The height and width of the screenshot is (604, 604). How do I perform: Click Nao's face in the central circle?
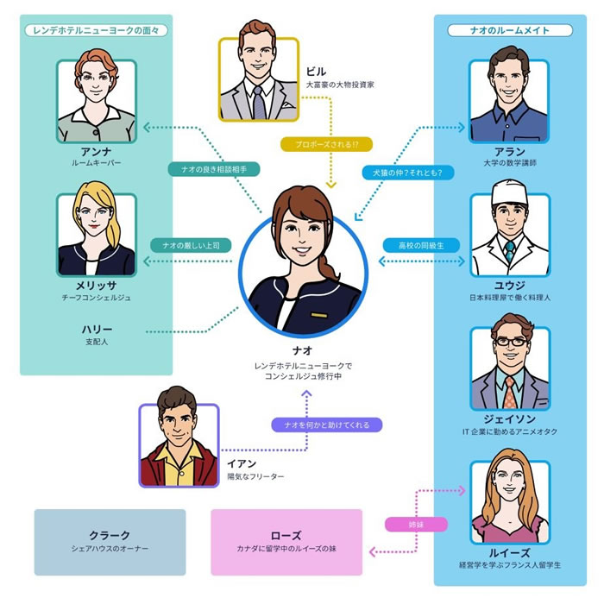(298, 237)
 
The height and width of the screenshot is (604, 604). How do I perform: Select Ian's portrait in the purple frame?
(179, 445)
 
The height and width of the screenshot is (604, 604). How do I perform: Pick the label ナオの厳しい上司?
(191, 245)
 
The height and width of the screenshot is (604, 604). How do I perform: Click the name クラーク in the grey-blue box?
(110, 535)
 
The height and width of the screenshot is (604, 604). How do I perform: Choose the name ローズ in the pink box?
(286, 535)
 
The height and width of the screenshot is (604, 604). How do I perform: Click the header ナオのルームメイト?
(509, 30)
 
